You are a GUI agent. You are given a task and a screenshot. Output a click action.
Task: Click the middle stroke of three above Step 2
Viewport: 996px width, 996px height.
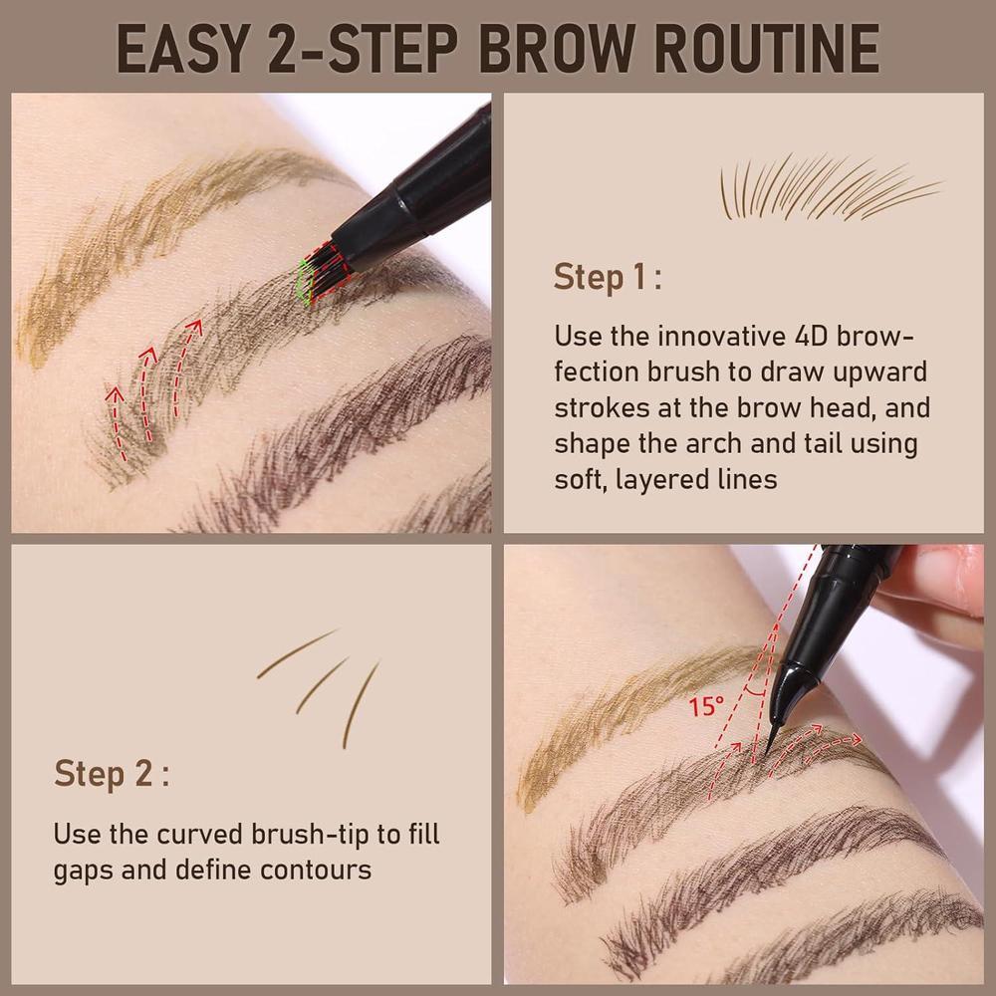coord(323,683)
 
